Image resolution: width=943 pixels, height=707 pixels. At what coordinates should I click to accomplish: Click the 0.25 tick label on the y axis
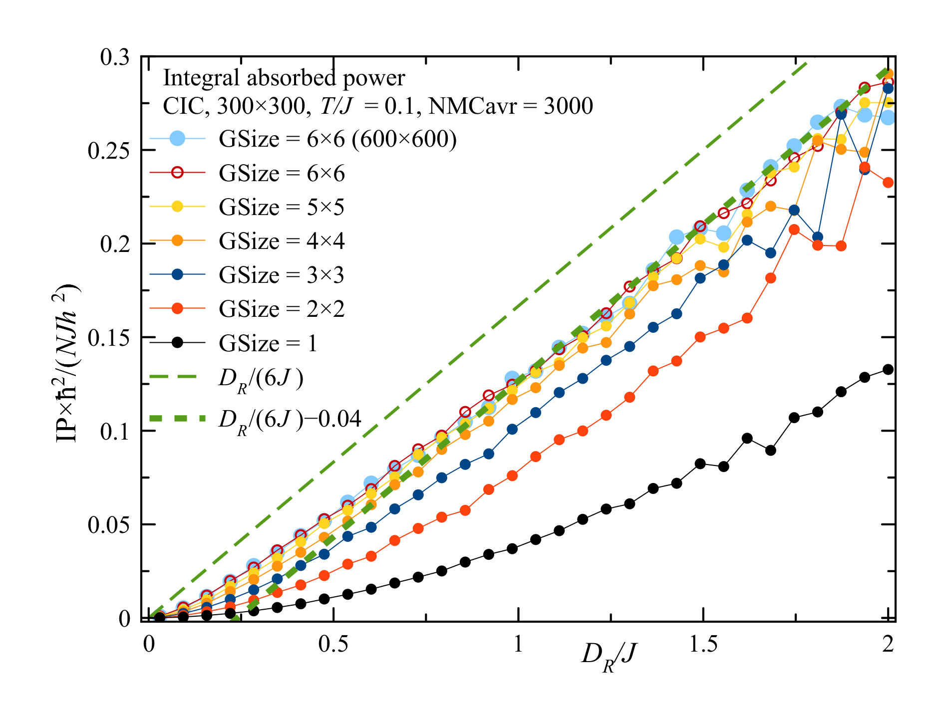point(108,150)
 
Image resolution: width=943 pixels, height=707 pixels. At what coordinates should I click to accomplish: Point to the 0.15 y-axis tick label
point(108,338)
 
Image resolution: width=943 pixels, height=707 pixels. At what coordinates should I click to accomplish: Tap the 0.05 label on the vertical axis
point(108,525)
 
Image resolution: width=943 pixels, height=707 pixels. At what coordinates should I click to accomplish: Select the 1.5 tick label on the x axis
point(703,645)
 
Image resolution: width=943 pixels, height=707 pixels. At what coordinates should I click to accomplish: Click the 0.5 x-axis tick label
point(333,645)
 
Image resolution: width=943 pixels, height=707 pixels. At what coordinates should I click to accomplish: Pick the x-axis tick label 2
point(888,645)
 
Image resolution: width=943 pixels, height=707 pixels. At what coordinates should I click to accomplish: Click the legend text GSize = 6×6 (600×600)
point(337,139)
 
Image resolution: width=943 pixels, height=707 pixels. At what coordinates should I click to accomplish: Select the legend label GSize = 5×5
point(282,207)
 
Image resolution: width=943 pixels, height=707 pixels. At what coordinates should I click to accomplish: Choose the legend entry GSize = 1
point(268,343)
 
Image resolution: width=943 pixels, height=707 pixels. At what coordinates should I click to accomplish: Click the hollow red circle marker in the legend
point(177,173)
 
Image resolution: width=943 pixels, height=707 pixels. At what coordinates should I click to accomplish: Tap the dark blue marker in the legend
point(177,275)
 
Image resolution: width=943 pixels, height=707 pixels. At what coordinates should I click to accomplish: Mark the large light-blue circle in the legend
point(177,138)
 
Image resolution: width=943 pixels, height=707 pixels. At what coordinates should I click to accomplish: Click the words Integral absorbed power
point(284,78)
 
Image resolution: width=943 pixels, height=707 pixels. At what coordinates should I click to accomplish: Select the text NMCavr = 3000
point(511,106)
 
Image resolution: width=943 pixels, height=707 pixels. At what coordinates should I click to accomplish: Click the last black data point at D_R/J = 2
point(888,370)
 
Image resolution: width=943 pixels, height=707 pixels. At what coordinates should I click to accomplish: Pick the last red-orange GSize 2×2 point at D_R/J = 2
point(888,183)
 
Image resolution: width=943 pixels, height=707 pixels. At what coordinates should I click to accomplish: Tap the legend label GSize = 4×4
point(282,241)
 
